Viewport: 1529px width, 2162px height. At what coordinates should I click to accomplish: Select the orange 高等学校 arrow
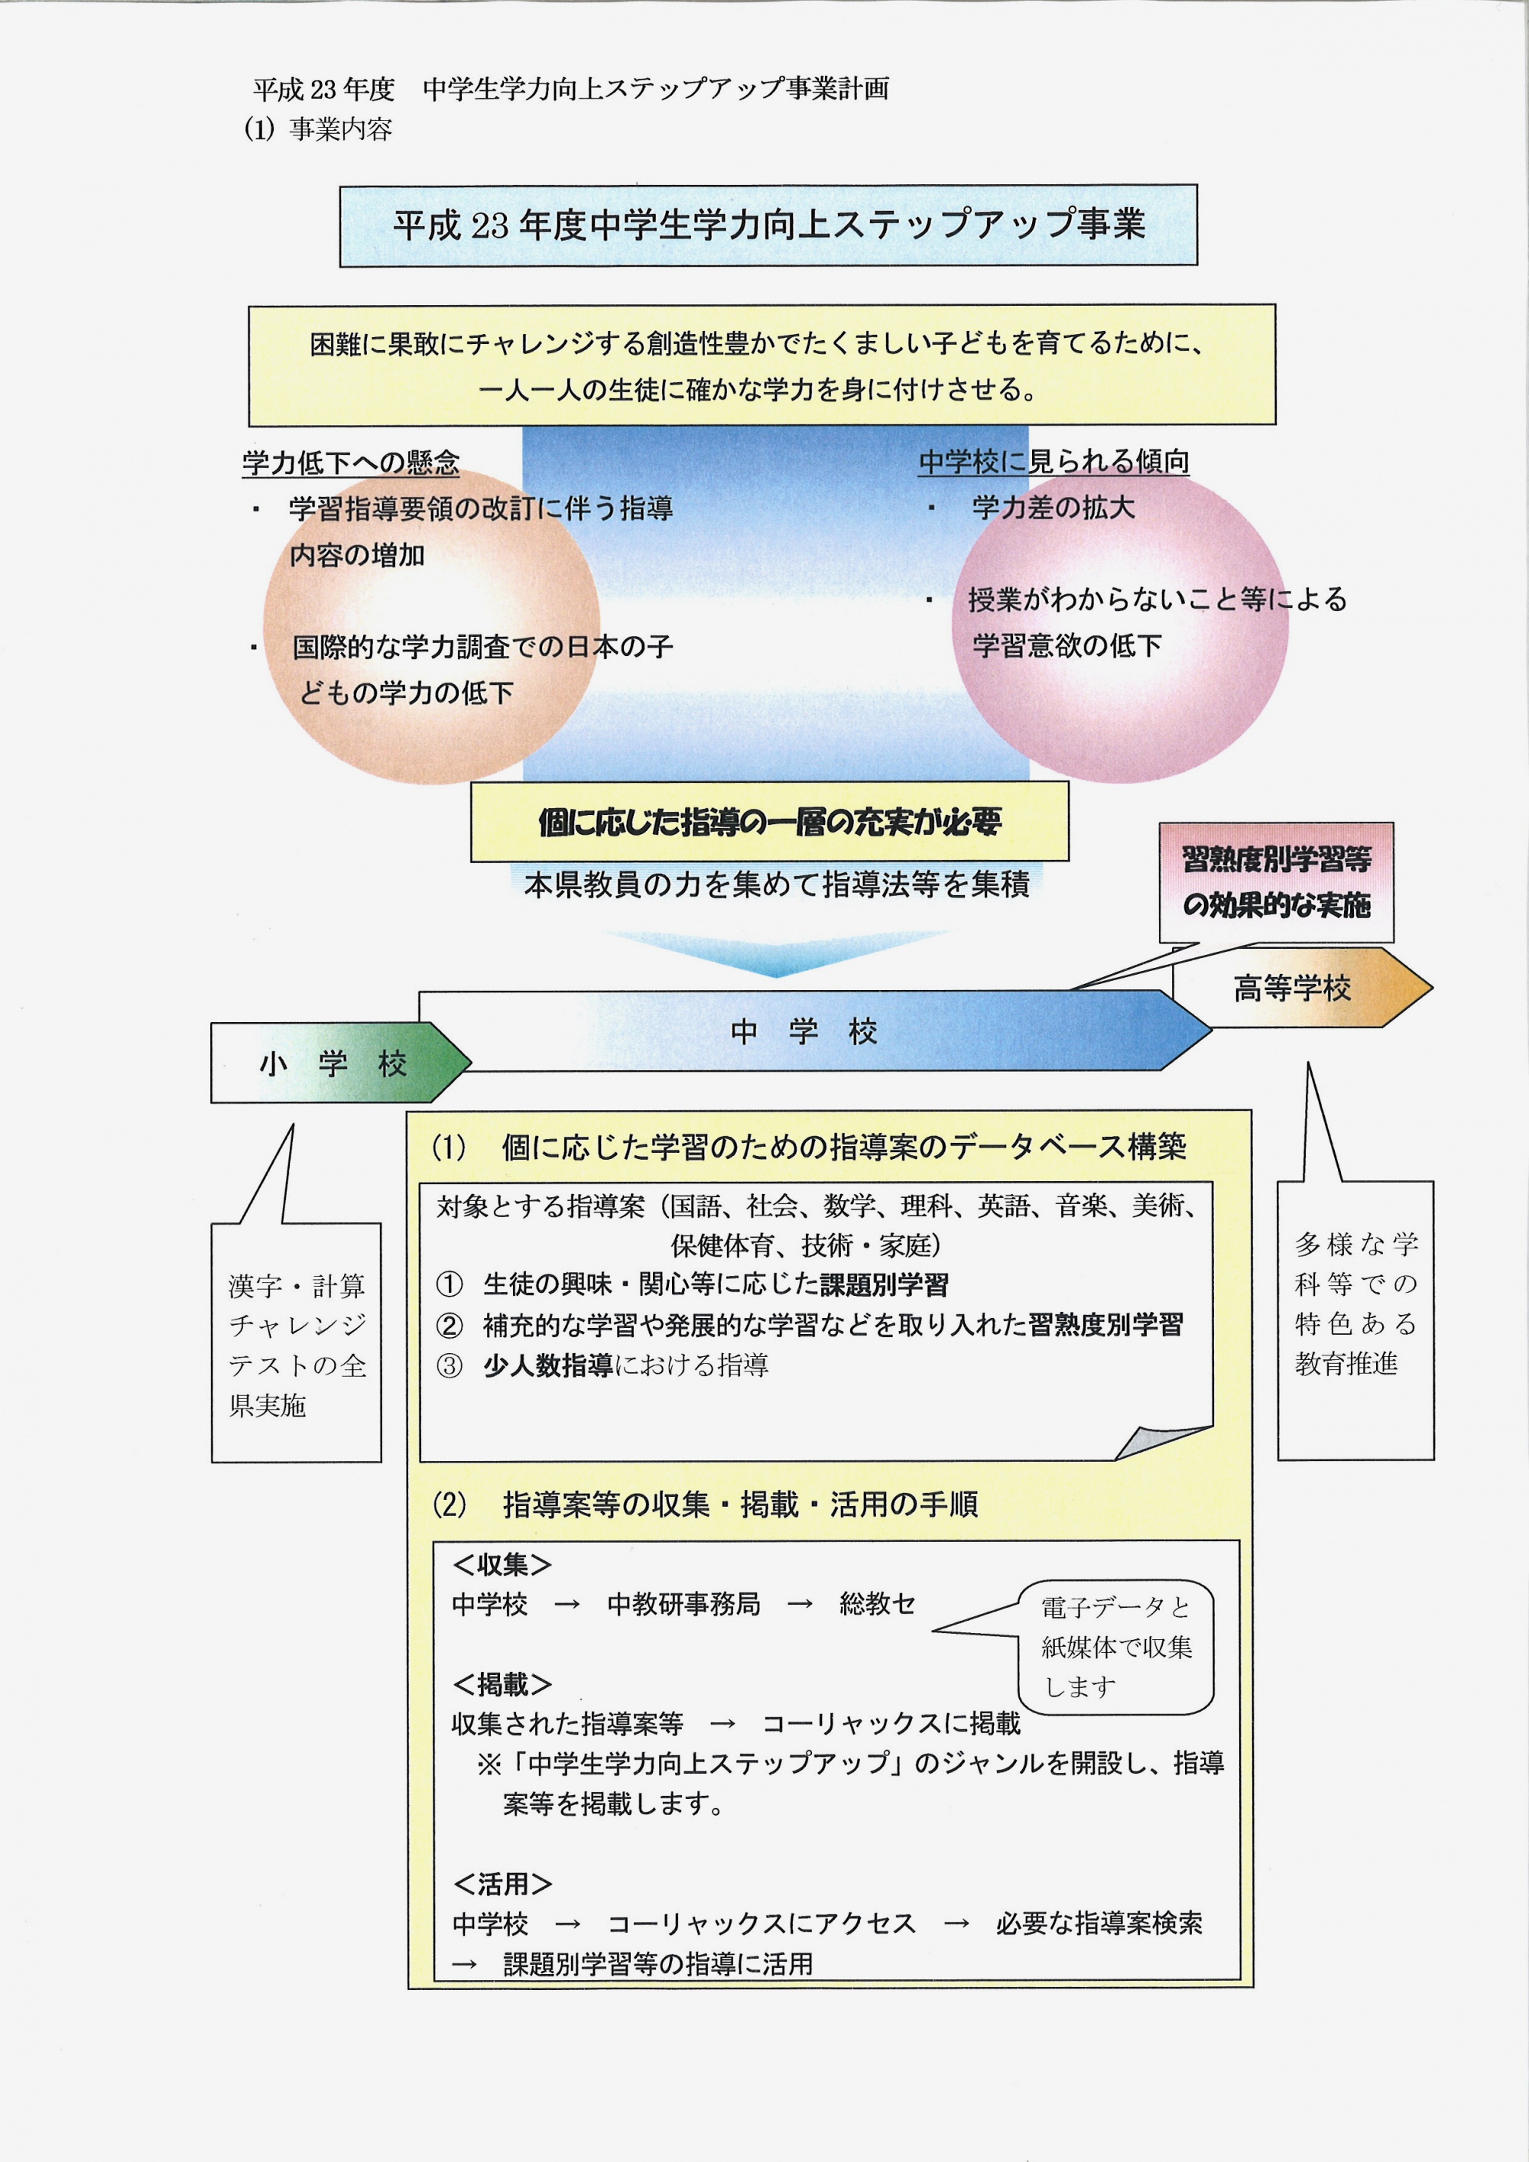pos(1302,987)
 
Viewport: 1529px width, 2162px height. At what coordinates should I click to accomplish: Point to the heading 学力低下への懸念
pos(351,463)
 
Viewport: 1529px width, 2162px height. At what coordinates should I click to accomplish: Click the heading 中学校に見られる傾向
pos(1053,462)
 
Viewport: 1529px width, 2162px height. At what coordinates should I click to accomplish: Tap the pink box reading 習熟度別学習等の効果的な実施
pos(1276,882)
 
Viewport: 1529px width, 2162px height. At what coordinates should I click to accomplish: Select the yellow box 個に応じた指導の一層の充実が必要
pos(769,821)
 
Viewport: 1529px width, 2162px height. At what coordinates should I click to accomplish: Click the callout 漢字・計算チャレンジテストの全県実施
pos(296,1342)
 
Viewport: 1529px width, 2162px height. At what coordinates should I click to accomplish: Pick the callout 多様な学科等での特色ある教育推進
pos(1355,1320)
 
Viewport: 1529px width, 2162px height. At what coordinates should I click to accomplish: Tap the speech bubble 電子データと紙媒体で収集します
pos(1115,1647)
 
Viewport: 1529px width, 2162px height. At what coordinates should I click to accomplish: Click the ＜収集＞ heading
pos(502,1565)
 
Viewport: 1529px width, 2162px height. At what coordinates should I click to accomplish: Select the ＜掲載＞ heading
pos(502,1683)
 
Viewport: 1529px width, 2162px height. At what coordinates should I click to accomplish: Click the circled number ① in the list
pos(449,1284)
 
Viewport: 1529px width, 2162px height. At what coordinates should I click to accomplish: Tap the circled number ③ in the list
pos(449,1365)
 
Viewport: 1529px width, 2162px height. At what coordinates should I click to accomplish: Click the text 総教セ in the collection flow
pos(877,1604)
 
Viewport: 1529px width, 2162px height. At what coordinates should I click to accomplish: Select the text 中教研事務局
pos(683,1604)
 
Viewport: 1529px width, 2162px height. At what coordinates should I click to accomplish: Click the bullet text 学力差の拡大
pos(1053,508)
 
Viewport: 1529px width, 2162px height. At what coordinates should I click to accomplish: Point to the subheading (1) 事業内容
pos(317,129)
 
